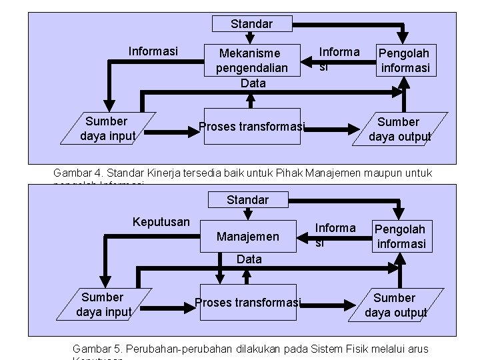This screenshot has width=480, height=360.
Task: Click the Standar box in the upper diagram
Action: [x=251, y=24]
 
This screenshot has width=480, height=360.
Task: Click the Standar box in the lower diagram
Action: [x=247, y=199]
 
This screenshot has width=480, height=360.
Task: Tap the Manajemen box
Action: [x=248, y=236]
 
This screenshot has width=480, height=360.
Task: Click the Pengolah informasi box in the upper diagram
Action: [x=405, y=61]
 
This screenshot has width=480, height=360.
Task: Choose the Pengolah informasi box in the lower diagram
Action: [x=400, y=237]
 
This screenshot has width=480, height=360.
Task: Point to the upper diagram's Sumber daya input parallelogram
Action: [x=107, y=129]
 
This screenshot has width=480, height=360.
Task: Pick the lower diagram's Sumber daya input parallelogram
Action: [x=103, y=304]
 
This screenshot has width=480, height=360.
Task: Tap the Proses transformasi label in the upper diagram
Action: [x=252, y=127]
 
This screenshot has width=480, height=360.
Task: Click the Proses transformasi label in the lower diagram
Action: [x=248, y=303]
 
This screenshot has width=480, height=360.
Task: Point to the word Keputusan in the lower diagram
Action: [x=161, y=221]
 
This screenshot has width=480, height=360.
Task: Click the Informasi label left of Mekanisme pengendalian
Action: [x=153, y=51]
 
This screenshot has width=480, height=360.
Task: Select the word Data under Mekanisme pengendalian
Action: [x=253, y=83]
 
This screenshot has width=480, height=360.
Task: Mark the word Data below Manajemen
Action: [x=249, y=259]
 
